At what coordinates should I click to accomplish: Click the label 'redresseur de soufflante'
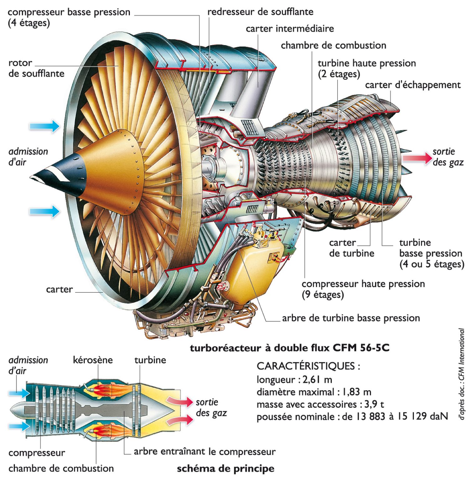pyautogui.click(x=260, y=12)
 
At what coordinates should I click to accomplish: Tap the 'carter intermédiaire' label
pyautogui.click(x=290, y=29)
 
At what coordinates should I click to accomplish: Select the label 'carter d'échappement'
pyautogui.click(x=413, y=85)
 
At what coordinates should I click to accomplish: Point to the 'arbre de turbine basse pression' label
pyautogui.click(x=351, y=318)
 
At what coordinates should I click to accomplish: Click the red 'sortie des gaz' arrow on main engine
pyautogui.click(x=417, y=158)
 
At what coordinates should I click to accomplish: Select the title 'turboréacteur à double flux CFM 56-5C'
pyautogui.click(x=290, y=348)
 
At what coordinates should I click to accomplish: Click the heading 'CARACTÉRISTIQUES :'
pyautogui.click(x=308, y=366)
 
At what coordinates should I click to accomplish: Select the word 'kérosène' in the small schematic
pyautogui.click(x=93, y=360)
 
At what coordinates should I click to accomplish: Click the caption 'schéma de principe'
pyautogui.click(x=225, y=469)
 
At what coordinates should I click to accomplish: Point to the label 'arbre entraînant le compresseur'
pyautogui.click(x=205, y=452)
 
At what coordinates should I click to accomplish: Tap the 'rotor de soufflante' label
pyautogui.click(x=36, y=68)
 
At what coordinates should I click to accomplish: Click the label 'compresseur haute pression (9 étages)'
pyautogui.click(x=363, y=289)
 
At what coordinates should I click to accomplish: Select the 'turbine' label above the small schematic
pyautogui.click(x=150, y=360)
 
